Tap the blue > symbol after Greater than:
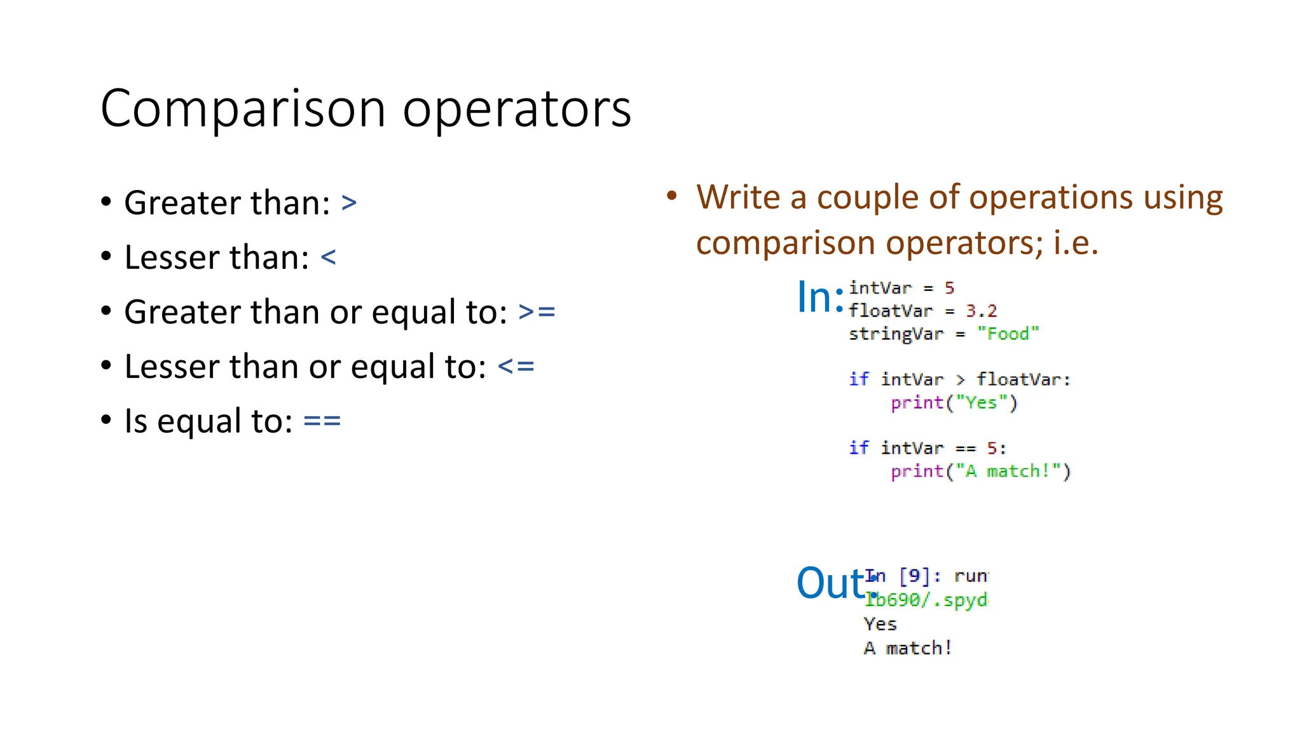pyautogui.click(x=349, y=203)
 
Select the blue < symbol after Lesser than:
pyautogui.click(x=328, y=257)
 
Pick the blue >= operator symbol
pyautogui.click(x=537, y=312)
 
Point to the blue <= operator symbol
pyautogui.click(x=516, y=367)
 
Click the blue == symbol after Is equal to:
pyautogui.click(x=322, y=421)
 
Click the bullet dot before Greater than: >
pyautogui.click(x=106, y=203)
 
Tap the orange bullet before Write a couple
pyautogui.click(x=672, y=196)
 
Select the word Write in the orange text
pyautogui.click(x=738, y=197)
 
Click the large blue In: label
pyautogui.click(x=820, y=297)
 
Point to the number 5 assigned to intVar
pyautogui.click(x=949, y=288)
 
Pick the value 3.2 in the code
pyautogui.click(x=982, y=311)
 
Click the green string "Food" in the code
pyautogui.click(x=1008, y=334)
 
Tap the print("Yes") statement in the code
pyautogui.click(x=954, y=403)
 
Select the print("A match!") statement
pyautogui.click(x=980, y=471)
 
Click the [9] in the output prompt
pyautogui.click(x=914, y=576)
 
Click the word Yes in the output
pyautogui.click(x=880, y=624)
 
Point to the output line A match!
pyautogui.click(x=907, y=648)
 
